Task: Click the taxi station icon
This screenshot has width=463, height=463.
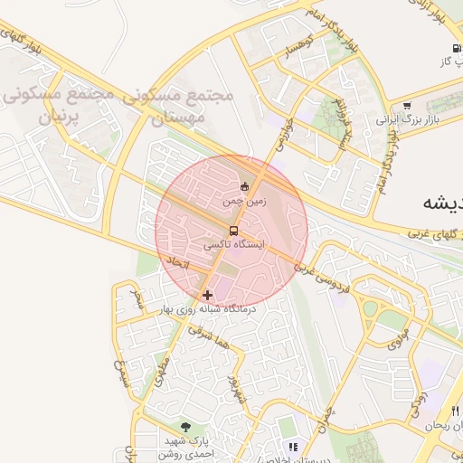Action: (234, 231)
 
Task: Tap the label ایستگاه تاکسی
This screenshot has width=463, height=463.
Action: (234, 244)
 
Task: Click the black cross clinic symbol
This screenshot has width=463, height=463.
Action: (208, 295)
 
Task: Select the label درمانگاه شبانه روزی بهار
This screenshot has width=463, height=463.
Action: (209, 309)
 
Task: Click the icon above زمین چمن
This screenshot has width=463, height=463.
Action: (244, 187)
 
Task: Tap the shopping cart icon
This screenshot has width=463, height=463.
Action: (407, 106)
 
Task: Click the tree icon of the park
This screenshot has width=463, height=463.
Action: (186, 427)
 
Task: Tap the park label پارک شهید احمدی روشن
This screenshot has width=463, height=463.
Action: (186, 448)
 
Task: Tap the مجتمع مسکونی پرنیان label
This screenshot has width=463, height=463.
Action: (52, 105)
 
